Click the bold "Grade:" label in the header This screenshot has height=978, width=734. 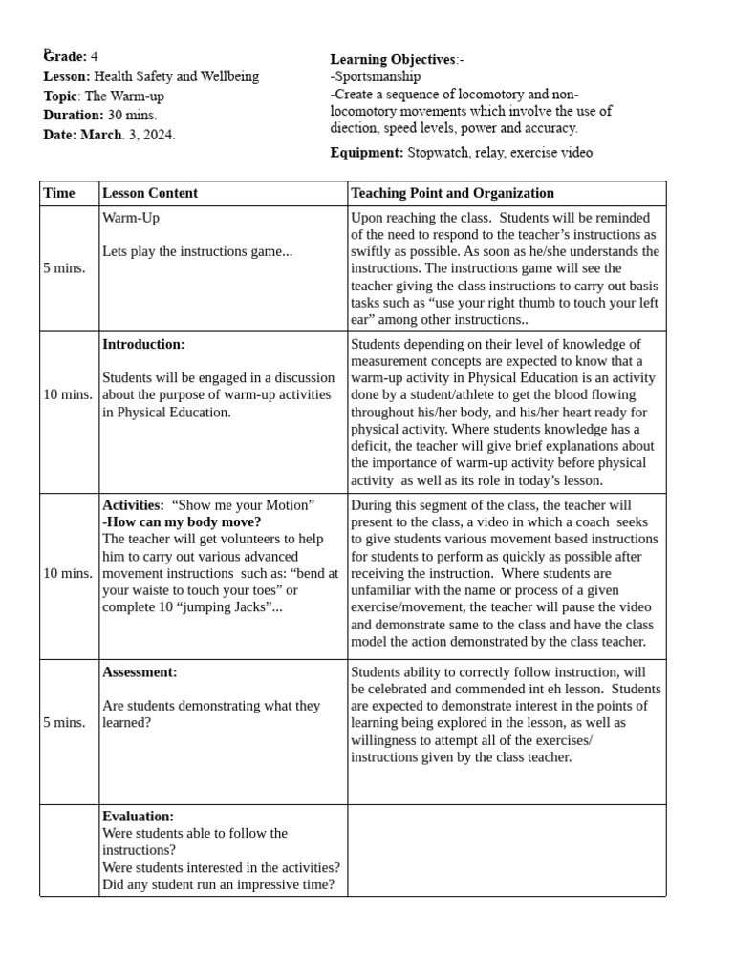coord(65,57)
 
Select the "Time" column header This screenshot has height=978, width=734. coord(59,193)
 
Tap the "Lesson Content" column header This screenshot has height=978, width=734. coord(150,193)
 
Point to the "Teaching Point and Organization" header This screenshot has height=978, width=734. coord(452,193)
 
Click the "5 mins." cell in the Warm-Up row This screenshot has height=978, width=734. coord(64,268)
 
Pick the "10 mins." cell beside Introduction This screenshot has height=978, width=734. coord(68,394)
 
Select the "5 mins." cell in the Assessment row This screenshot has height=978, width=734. coord(64,722)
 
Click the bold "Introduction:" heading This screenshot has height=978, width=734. coord(143,344)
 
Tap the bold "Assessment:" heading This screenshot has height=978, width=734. coord(140,672)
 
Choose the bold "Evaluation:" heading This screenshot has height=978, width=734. coord(138,817)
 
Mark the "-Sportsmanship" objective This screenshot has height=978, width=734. coord(376,76)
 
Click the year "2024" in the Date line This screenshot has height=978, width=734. coord(159,135)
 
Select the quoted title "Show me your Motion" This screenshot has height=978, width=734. coord(243,505)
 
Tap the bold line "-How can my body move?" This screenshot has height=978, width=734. coord(182,522)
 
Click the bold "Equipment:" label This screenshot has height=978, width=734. coord(367,153)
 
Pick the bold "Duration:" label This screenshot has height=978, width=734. coord(74,116)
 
